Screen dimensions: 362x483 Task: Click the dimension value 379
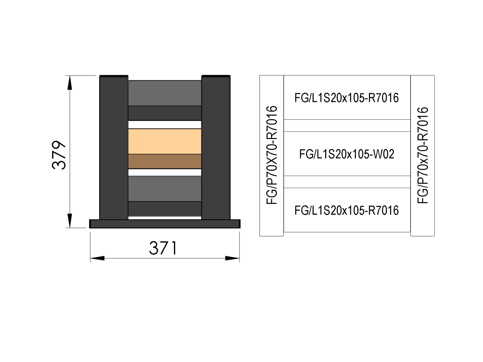pos(59,155)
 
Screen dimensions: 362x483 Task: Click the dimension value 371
pos(163,248)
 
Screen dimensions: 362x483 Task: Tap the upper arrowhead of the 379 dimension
pos(70,83)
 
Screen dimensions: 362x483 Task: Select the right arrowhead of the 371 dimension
pos(232,258)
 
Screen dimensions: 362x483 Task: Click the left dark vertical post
pos(114,148)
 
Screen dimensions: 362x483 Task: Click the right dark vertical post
pos(216,148)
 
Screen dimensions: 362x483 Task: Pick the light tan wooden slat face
pos(164,142)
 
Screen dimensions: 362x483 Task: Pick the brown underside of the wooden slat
pos(164,161)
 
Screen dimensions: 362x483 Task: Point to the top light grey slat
pos(164,93)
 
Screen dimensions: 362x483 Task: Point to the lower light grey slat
pos(164,189)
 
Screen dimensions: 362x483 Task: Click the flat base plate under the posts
pos(165,224)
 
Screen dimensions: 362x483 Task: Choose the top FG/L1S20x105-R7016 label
pos(346,98)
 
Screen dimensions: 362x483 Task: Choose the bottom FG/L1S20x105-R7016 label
pos(346,210)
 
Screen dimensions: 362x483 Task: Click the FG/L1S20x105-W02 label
pos(346,154)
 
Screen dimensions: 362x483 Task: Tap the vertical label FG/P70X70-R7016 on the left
pos(272,155)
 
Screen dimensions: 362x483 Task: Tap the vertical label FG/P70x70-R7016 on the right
pos(423,155)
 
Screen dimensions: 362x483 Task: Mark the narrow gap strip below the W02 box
pos(347,182)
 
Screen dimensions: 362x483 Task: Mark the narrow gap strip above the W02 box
pos(347,125)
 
